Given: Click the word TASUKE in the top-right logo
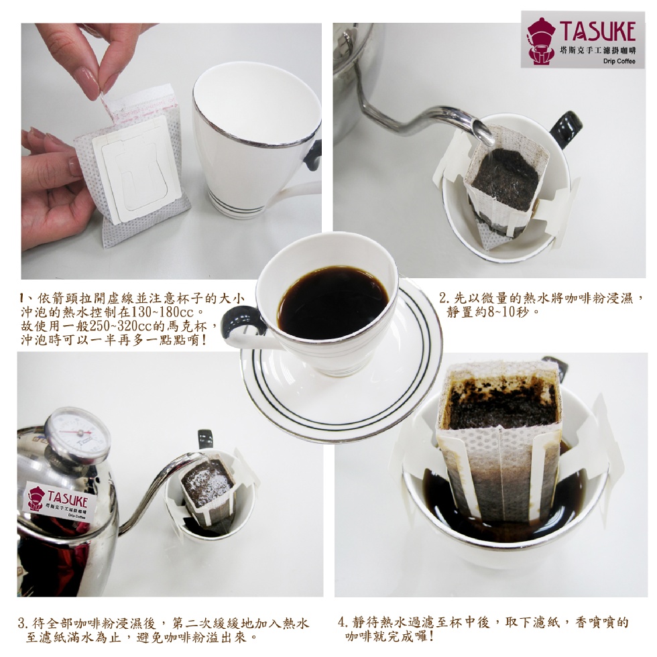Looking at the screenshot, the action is click(x=598, y=31).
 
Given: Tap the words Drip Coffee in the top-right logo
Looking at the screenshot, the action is click(x=619, y=61).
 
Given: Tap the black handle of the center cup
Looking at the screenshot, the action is click(x=241, y=321).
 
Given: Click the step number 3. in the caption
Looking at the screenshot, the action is click(x=23, y=623).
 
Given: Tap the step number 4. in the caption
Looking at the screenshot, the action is click(x=343, y=623).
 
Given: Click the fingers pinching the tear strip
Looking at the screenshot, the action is click(x=93, y=63).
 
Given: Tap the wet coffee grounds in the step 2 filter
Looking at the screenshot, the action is click(x=505, y=179).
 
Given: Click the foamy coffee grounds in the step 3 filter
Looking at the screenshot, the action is click(x=206, y=483).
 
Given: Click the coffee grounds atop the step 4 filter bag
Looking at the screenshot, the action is click(x=501, y=403).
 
